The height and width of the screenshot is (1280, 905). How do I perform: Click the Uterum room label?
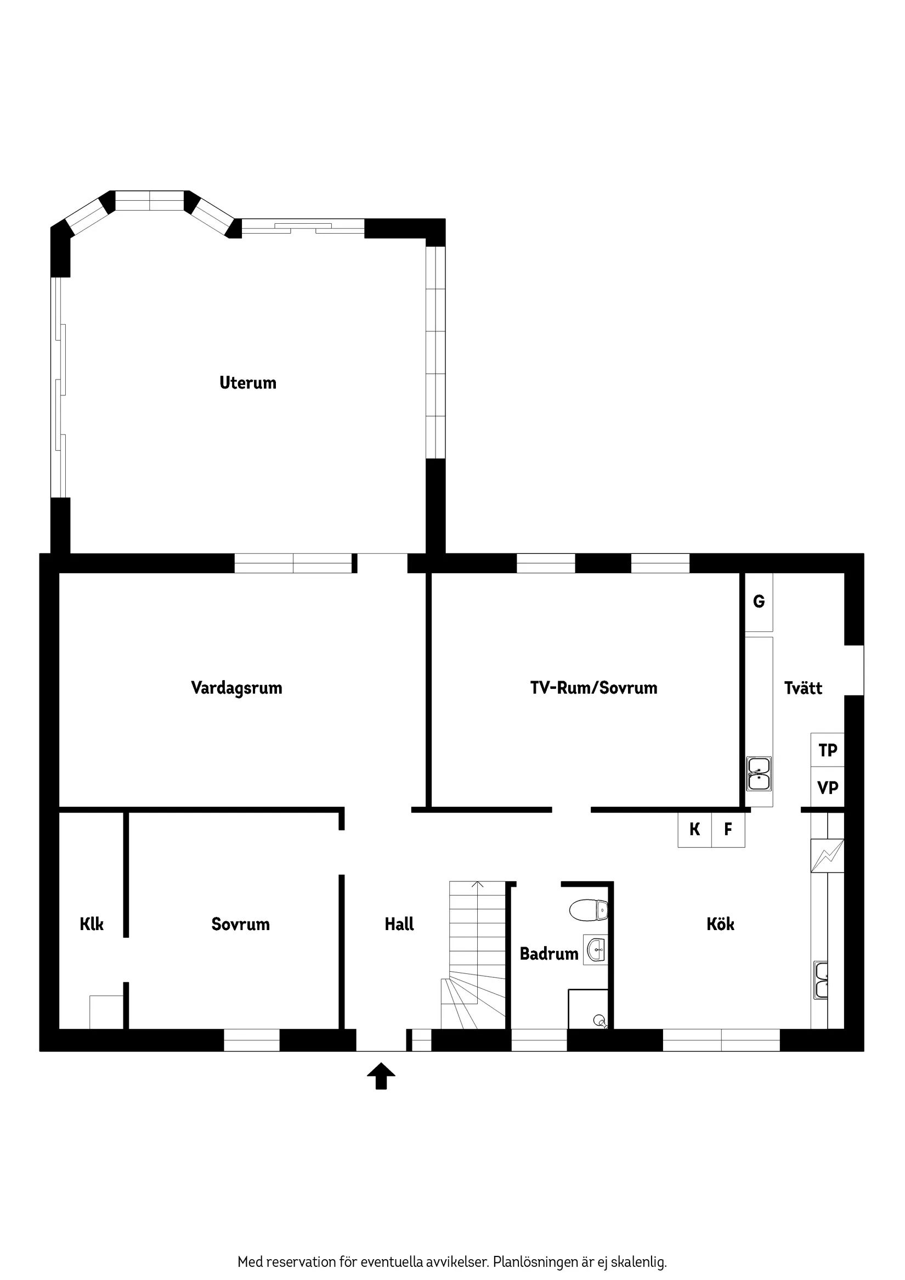click(247, 383)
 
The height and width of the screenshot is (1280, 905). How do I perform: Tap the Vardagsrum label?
click(236, 687)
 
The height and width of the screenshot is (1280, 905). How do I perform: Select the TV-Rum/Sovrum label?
click(593, 687)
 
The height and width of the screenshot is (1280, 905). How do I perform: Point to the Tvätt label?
click(803, 688)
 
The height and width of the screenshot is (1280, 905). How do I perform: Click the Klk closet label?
click(92, 924)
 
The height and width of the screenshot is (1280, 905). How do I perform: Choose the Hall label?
click(399, 924)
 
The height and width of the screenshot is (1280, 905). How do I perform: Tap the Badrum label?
click(548, 954)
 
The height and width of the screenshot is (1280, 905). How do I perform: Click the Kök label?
click(720, 924)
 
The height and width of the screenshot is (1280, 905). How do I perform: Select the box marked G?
click(759, 602)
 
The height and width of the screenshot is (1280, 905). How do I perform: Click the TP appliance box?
click(828, 750)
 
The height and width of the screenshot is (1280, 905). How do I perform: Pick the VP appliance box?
click(828, 788)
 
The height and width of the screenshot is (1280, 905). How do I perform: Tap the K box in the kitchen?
click(694, 830)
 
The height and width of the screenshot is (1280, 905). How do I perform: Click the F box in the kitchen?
click(728, 830)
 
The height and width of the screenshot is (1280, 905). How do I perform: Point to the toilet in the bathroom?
click(589, 910)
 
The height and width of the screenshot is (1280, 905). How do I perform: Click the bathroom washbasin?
click(596, 949)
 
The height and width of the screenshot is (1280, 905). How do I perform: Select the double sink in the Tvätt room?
click(759, 774)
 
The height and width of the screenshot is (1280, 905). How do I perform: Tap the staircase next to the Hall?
click(477, 953)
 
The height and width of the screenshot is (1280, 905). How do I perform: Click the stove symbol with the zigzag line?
click(828, 856)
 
